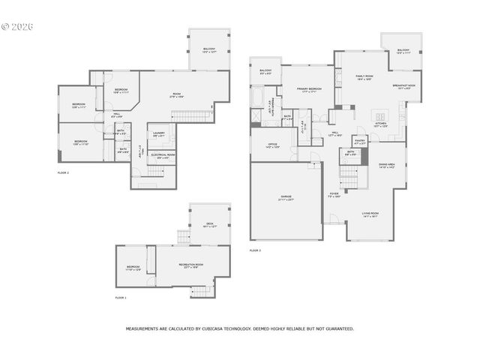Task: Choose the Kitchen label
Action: pyautogui.click(x=380, y=124)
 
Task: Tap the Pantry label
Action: pyautogui.click(x=360, y=141)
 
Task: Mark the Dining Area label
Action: pyautogui.click(x=386, y=166)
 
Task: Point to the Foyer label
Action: pyautogui.click(x=334, y=195)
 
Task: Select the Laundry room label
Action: pyautogui.click(x=159, y=134)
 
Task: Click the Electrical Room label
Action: pyautogui.click(x=163, y=156)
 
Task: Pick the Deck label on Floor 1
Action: pyautogui.click(x=209, y=225)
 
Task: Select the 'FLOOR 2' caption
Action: pyautogui.click(x=64, y=172)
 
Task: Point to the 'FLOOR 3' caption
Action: pyautogui.click(x=256, y=249)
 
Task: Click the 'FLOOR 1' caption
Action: pyautogui.click(x=121, y=298)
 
